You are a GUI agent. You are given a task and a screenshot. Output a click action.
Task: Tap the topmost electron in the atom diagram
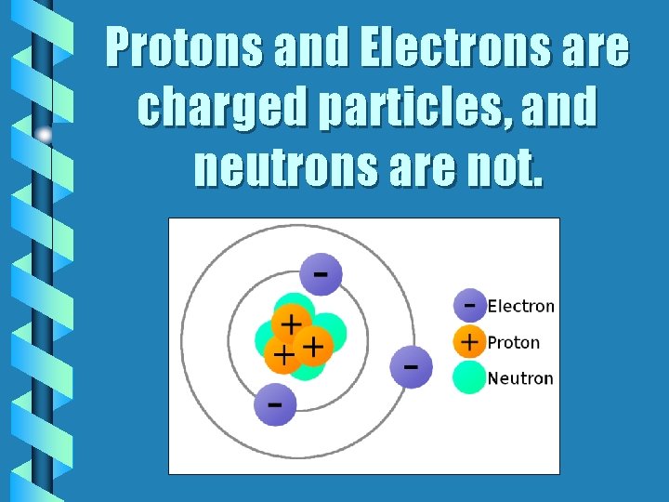click(321, 275)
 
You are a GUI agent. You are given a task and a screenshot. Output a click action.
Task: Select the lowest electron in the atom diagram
click(275, 404)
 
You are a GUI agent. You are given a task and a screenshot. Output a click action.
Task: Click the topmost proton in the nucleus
click(291, 324)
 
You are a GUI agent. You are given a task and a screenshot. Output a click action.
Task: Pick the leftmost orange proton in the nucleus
click(282, 354)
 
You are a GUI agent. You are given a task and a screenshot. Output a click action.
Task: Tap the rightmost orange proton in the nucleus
click(313, 347)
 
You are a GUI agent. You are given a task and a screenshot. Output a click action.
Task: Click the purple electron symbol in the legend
click(470, 305)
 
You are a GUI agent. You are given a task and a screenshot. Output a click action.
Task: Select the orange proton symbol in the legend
click(470, 341)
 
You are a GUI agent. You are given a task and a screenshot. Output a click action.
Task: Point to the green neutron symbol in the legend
click(470, 377)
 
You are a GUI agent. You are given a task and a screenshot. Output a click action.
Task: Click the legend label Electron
click(521, 306)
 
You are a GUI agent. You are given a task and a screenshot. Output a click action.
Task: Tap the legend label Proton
click(514, 342)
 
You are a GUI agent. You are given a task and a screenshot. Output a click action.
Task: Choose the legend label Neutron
click(520, 378)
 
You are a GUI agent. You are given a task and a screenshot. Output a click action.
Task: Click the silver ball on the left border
click(45, 134)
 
